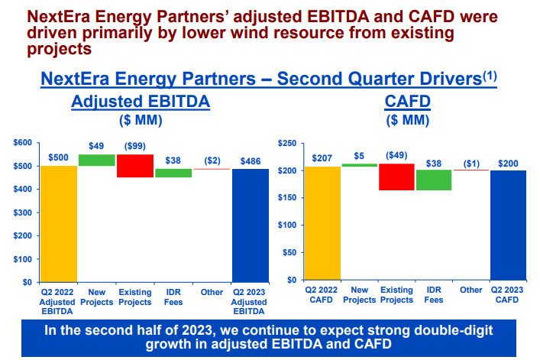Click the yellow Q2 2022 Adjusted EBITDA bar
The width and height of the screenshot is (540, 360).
(x=59, y=223)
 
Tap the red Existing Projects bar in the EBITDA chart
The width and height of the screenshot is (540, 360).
(x=135, y=166)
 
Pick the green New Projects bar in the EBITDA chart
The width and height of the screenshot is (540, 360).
(x=97, y=160)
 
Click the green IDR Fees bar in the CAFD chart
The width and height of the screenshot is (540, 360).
(x=434, y=180)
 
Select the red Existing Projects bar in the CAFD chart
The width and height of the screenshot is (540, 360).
(x=396, y=177)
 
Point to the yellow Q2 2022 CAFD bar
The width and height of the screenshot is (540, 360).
(x=322, y=223)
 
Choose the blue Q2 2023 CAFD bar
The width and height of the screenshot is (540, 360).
(x=509, y=225)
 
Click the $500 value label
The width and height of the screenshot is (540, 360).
(x=59, y=158)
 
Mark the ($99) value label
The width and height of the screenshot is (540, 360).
(x=135, y=147)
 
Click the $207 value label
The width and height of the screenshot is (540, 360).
(x=322, y=159)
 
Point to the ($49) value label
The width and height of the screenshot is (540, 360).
(x=396, y=155)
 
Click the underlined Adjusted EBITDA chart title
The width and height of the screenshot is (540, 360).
(x=141, y=102)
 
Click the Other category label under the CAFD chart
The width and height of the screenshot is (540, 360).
(x=471, y=290)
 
